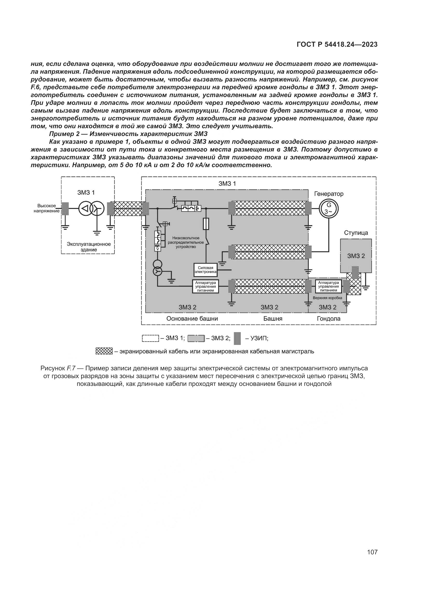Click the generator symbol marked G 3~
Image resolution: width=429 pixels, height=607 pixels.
coord(329,208)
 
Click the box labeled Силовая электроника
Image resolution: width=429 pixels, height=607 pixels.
coord(205,270)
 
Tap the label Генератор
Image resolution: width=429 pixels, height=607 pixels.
coord(329,194)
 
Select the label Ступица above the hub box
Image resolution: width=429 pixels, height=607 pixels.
coord(356,233)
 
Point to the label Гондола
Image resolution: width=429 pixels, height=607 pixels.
coord(329,319)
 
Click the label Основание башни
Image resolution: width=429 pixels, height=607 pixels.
coord(192,319)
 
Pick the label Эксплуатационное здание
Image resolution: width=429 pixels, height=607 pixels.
coord(88,247)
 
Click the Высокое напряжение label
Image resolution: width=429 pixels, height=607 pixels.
coord(46,208)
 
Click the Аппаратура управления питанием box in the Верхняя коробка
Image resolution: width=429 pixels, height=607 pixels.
coord(328,286)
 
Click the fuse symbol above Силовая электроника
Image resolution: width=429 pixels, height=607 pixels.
coord(206,224)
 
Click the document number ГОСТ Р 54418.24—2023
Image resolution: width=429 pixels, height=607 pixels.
coord(337,45)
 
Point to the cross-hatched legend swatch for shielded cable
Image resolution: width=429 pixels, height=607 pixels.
coord(104,351)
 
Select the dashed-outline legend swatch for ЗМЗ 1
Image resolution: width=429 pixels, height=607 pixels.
coord(150,338)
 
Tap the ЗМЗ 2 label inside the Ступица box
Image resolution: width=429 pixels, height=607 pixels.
coord(356,256)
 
